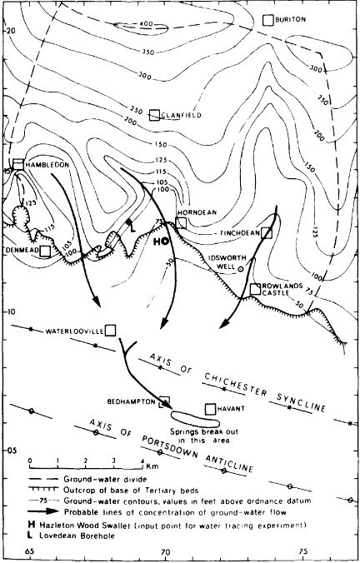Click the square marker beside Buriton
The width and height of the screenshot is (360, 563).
coord(267,20)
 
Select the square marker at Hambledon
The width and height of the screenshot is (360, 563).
coord(17,163)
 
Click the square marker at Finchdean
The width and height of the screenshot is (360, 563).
coord(267,233)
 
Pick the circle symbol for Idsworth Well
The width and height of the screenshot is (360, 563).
coord(242,269)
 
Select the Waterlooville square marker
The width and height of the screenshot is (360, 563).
coord(109,329)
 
